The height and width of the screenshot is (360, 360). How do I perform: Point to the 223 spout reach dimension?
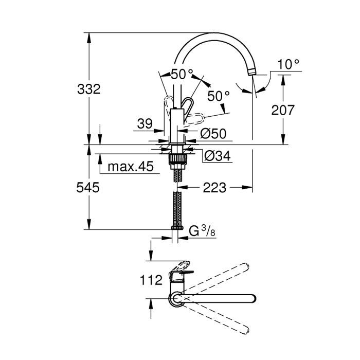click(x=214, y=188)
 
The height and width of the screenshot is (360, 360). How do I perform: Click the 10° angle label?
click(x=288, y=64)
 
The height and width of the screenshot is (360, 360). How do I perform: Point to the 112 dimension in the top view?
click(x=151, y=280)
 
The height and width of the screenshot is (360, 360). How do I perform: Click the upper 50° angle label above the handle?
click(x=181, y=74)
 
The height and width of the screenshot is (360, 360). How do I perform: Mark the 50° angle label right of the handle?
click(x=218, y=96)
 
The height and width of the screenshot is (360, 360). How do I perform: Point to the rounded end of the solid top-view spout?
click(x=253, y=298)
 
